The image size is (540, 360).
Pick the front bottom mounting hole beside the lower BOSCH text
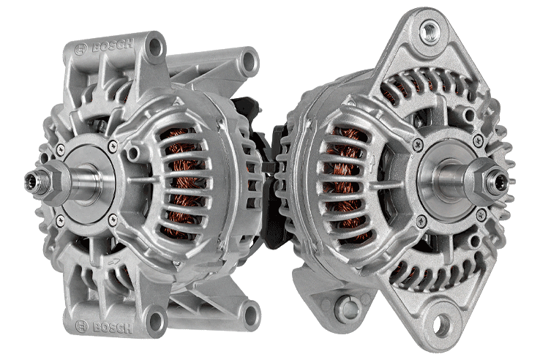pyautogui.click(x=154, y=319)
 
